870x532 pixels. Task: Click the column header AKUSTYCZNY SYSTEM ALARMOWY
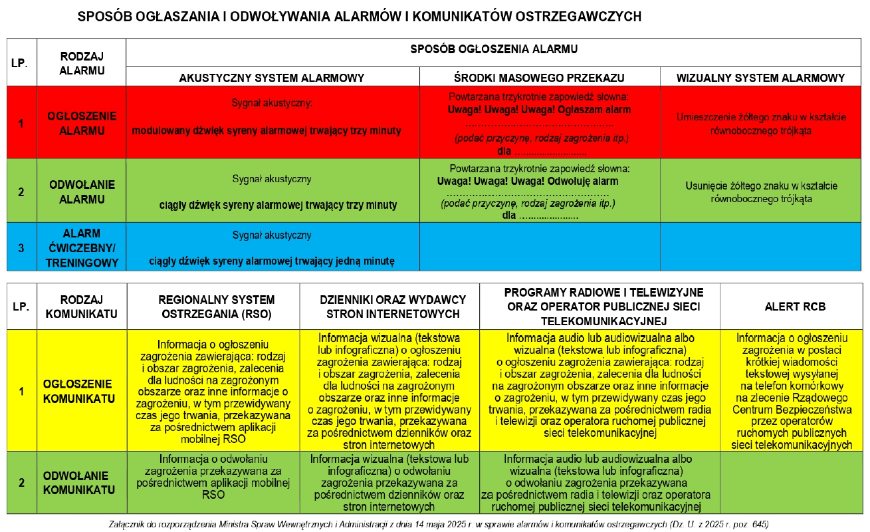[272, 78]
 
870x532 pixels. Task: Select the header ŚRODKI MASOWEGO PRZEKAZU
[539, 78]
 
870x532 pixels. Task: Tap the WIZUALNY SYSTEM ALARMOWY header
[760, 78]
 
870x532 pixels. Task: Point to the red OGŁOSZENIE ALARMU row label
[82, 123]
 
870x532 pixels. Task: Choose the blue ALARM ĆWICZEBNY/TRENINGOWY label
[82, 248]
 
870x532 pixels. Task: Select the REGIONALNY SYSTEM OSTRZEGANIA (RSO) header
[213, 307]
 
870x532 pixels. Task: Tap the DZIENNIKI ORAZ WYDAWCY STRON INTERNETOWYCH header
[389, 307]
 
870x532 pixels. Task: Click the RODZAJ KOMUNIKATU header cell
[82, 307]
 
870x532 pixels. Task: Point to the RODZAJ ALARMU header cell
[82, 64]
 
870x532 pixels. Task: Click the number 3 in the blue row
[21, 248]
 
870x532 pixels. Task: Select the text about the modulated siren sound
[267, 131]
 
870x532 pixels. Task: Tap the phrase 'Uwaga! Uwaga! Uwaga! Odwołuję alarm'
[528, 181]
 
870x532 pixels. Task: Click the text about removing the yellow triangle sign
[761, 192]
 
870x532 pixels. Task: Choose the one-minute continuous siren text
[271, 261]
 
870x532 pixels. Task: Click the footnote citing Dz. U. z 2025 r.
[438, 524]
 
